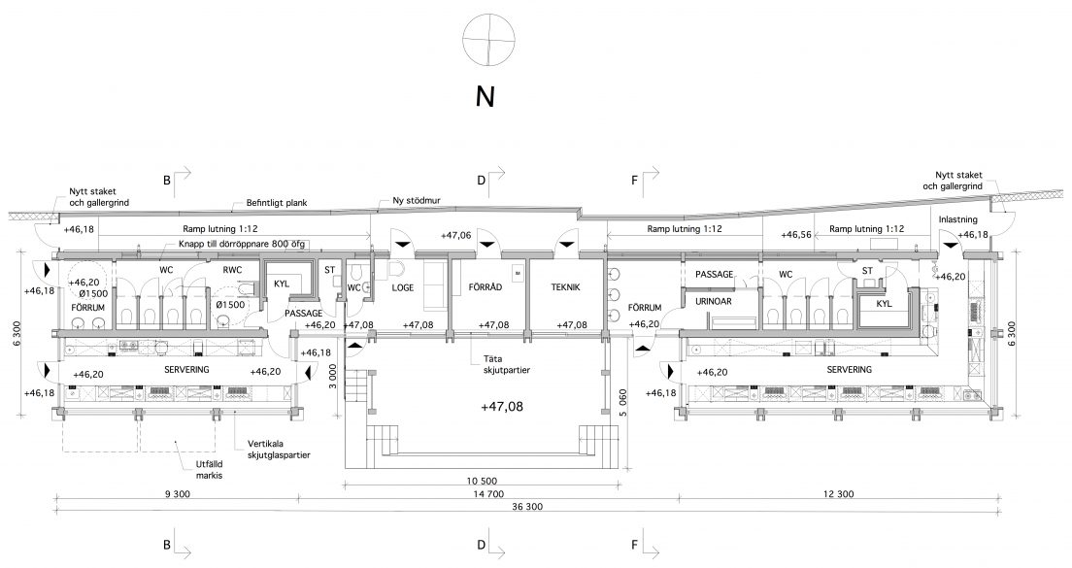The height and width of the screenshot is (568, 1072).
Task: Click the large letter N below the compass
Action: tap(485, 97)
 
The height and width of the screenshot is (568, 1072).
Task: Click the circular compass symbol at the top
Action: tap(488, 40)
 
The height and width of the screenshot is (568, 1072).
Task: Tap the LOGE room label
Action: tap(403, 287)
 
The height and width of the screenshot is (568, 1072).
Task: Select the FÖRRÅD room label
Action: tap(486, 287)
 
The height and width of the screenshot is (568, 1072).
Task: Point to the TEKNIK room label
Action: tap(565, 287)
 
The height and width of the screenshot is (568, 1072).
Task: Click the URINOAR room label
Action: tap(713, 301)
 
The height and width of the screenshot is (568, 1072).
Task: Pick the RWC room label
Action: tap(232, 270)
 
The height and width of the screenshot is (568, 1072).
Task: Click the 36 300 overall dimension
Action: tap(525, 507)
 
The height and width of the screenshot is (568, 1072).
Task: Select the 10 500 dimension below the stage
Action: tap(482, 482)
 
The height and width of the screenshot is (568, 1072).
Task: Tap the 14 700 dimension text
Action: tap(486, 494)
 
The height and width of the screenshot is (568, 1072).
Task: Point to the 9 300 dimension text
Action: tap(178, 494)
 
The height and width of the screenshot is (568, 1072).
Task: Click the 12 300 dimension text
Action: tap(837, 494)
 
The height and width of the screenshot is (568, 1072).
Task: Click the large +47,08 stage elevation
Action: tap(502, 407)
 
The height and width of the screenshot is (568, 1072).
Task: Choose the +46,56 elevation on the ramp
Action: tap(796, 234)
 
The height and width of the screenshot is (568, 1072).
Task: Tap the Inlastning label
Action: tap(957, 219)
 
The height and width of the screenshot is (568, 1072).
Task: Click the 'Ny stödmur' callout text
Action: tap(417, 201)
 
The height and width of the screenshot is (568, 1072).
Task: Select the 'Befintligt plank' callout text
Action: tap(277, 203)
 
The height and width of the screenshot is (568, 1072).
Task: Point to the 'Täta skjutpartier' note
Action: tap(507, 364)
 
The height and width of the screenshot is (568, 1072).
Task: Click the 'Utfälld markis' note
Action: tap(209, 470)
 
